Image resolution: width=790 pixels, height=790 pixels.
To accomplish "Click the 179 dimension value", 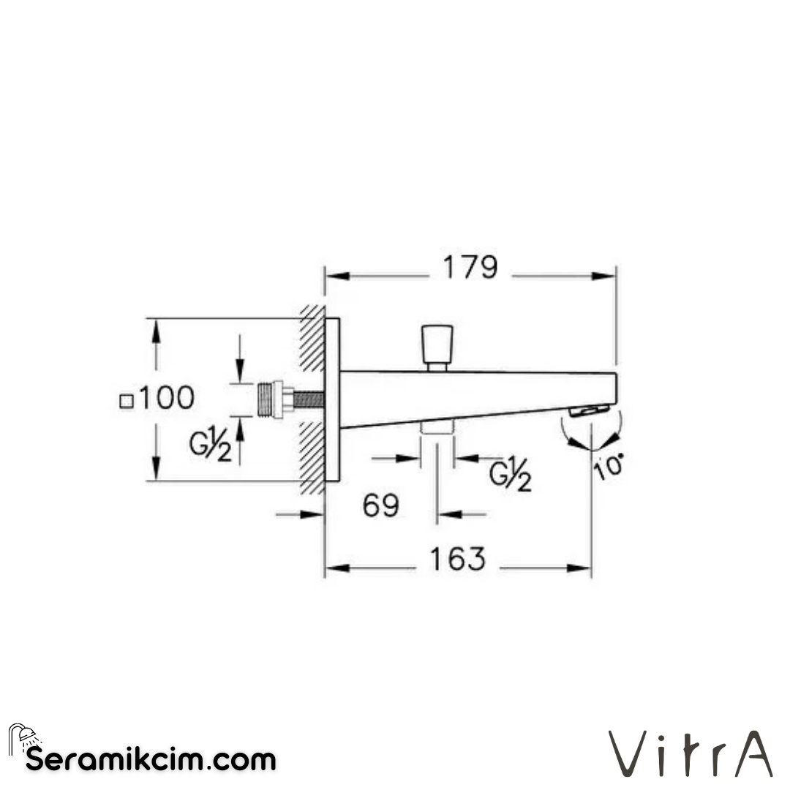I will (470, 268).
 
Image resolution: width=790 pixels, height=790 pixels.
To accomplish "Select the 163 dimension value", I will (456, 560).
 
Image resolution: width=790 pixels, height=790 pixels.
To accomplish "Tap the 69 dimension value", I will (381, 505).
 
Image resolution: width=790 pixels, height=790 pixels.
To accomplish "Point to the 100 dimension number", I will (167, 399).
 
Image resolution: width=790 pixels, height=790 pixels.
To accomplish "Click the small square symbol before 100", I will (127, 401).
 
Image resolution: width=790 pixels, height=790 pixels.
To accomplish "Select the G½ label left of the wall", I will (211, 447).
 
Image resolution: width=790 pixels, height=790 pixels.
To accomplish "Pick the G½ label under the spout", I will (510, 475).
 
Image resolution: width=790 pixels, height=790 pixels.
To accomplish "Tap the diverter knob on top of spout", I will (437, 347).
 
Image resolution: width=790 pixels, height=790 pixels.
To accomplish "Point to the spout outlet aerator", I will (590, 411).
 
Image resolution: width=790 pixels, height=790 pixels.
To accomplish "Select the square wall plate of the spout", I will (333, 399).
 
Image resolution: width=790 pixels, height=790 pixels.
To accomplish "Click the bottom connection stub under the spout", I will (437, 428).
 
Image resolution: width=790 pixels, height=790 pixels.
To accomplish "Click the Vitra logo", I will (691, 753).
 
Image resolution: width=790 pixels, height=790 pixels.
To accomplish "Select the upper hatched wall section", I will (312, 341).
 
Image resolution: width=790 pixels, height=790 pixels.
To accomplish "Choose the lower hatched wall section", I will (312, 457).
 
